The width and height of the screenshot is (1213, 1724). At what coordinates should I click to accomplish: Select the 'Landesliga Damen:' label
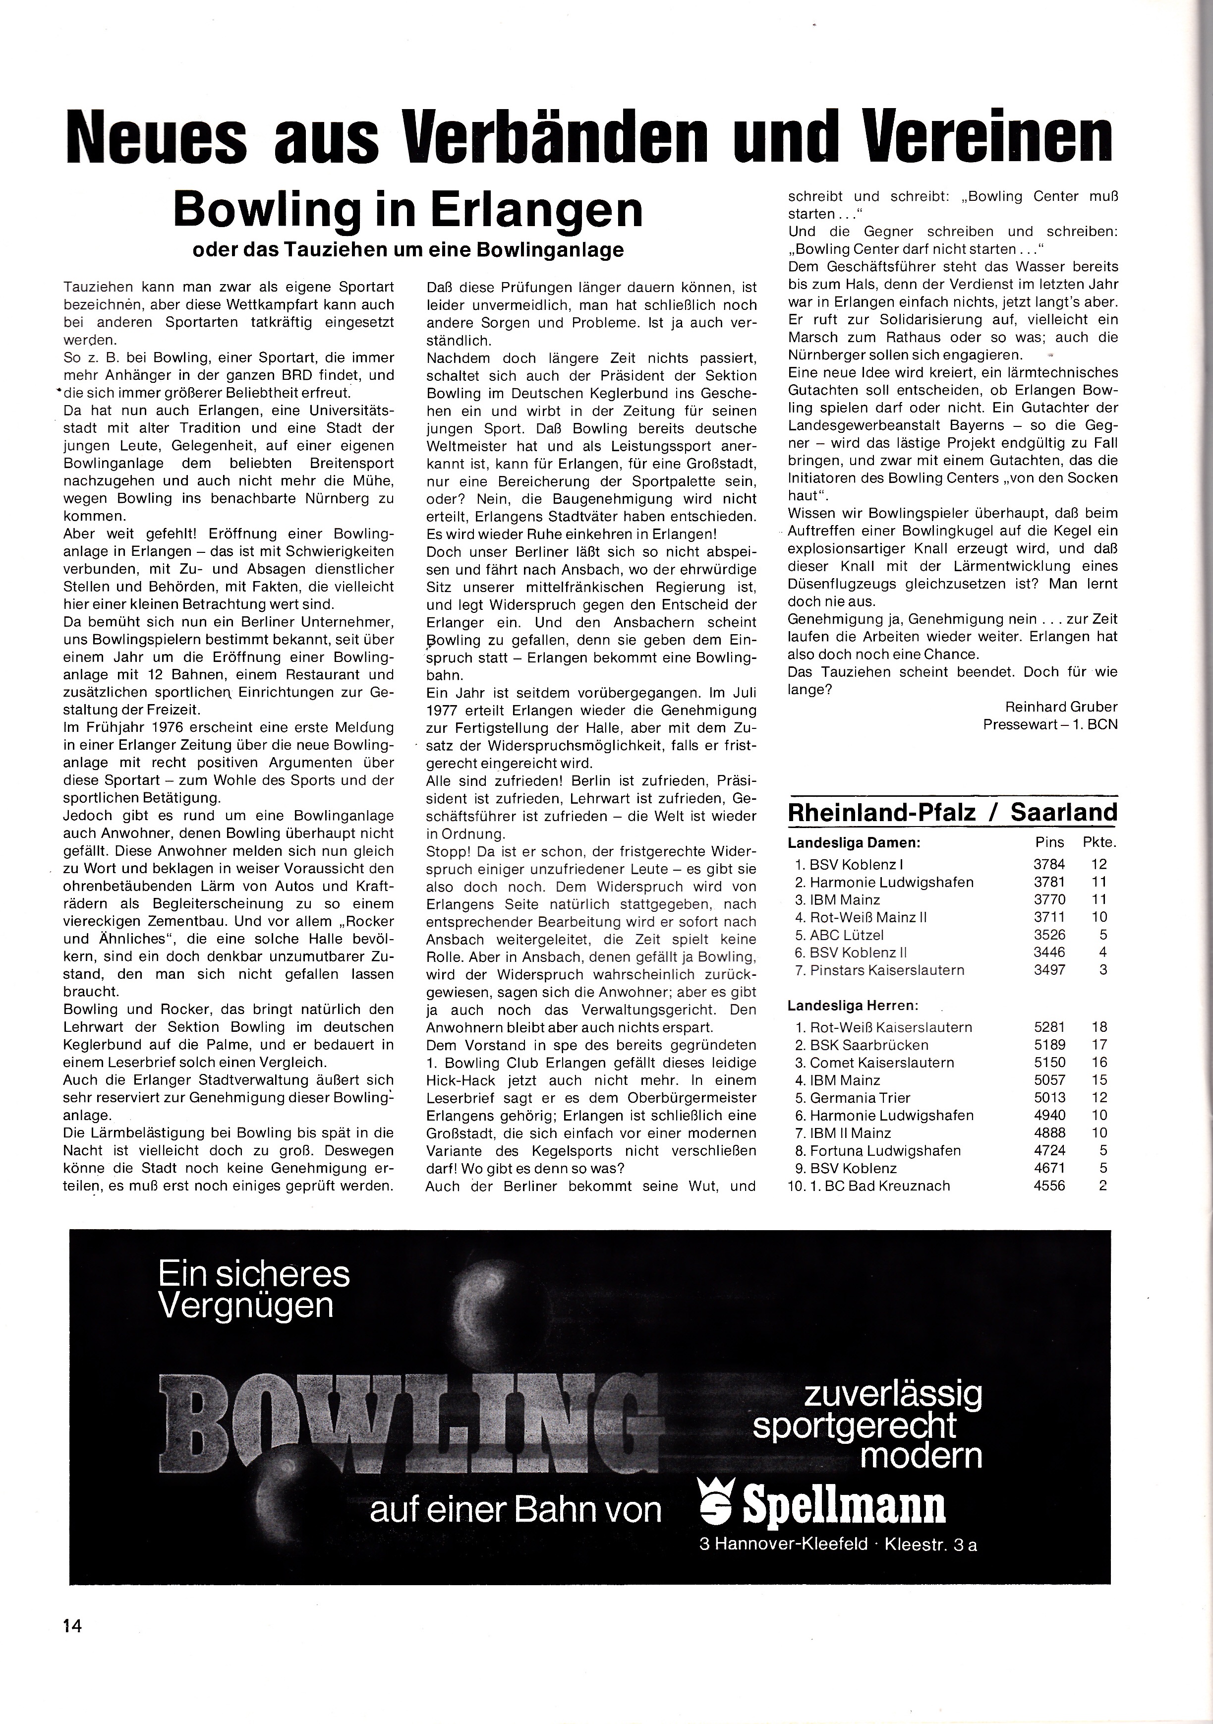(854, 842)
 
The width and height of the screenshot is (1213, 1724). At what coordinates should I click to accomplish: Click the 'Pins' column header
(1048, 842)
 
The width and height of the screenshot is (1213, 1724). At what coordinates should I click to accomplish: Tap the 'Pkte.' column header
(1099, 842)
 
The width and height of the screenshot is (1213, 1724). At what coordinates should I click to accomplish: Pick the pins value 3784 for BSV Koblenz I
(1048, 864)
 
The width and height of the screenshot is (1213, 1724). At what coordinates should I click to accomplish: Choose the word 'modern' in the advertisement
(922, 1455)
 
